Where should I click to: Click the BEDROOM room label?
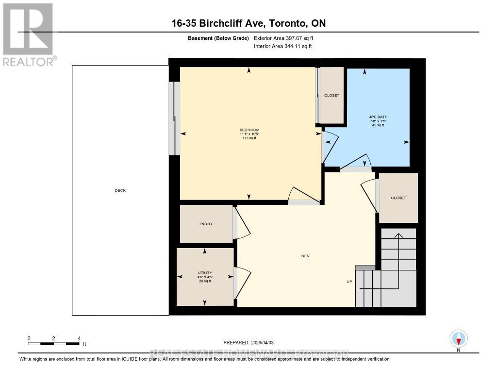[249, 130]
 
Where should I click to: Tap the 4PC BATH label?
[378, 117]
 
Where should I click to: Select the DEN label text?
[305, 256]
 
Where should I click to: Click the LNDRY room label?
[206, 224]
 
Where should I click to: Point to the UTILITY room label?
[204, 272]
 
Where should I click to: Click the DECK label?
[120, 190]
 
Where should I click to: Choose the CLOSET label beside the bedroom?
[331, 96]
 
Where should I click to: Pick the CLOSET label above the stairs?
[398, 198]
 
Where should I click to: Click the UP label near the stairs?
[348, 282]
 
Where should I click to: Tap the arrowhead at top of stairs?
[398, 235]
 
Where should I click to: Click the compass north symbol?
[458, 338]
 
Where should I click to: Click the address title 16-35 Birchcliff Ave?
[248, 23]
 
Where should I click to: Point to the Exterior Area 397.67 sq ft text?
[287, 38]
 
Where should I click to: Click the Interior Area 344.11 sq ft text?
[282, 47]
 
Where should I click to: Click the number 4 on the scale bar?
[79, 338]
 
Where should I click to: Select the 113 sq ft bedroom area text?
[249, 138]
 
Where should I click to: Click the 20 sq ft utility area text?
[204, 281]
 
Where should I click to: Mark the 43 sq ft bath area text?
[378, 125]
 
